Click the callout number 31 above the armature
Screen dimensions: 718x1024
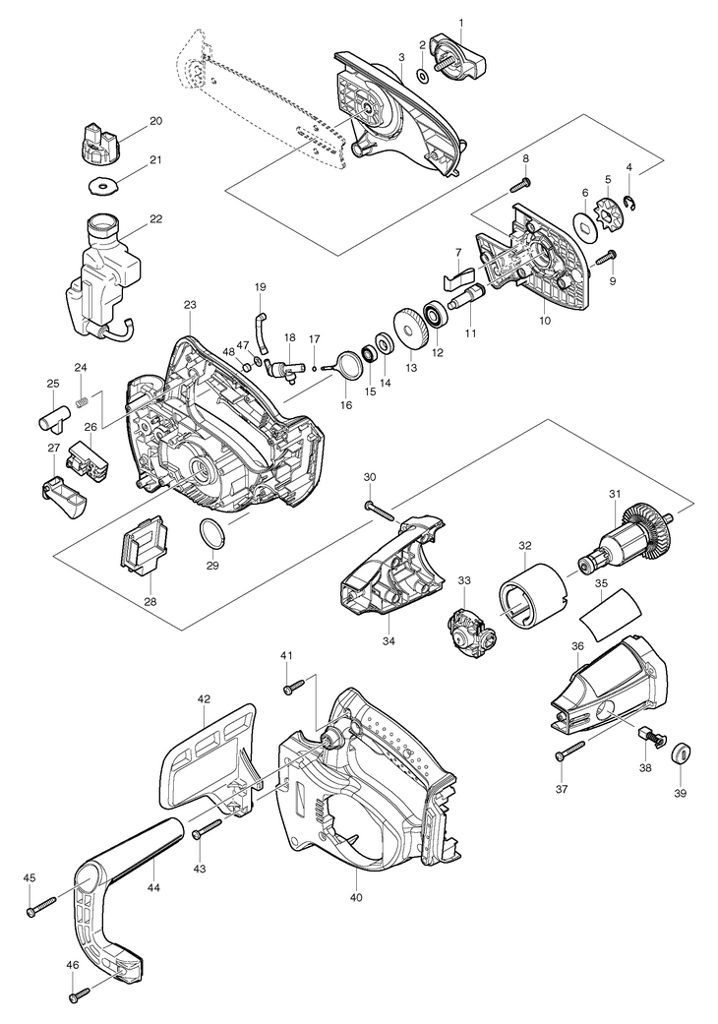click(x=614, y=494)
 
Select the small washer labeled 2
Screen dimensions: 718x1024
click(x=422, y=76)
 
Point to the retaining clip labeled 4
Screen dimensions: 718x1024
click(x=631, y=203)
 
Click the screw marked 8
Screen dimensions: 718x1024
click(x=519, y=185)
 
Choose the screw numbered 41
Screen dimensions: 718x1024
click(x=295, y=686)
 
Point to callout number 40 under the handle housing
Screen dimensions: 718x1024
click(x=356, y=897)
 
